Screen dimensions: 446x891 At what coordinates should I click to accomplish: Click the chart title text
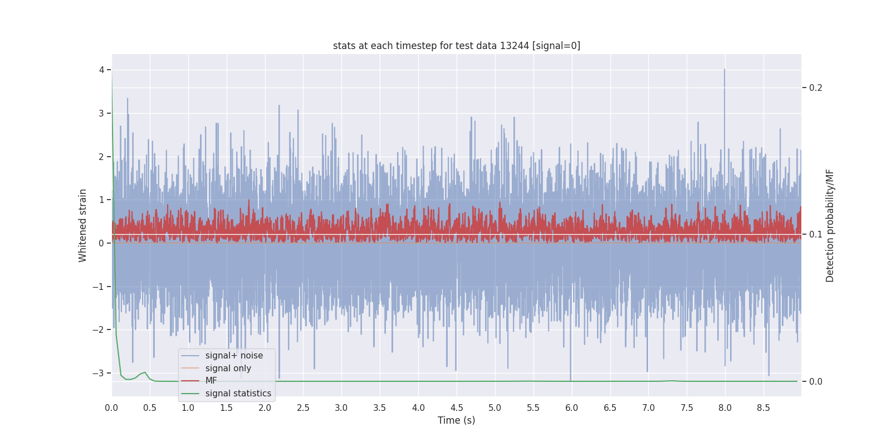pos(456,46)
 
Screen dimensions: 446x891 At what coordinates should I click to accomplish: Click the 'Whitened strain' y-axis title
pos(83,225)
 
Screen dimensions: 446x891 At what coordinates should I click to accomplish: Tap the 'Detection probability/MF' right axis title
pos(830,225)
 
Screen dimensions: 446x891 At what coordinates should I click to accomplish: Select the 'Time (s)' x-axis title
pos(456,420)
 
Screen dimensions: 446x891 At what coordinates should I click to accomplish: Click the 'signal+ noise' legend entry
pos(234,356)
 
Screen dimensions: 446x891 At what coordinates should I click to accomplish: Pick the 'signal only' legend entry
pos(228,369)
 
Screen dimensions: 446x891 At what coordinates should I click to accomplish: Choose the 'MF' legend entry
pos(211,381)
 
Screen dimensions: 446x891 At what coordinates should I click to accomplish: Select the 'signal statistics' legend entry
pos(238,394)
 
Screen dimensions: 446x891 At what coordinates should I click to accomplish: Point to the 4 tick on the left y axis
pos(102,70)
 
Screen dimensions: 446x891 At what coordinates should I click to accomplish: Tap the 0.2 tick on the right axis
pos(815,88)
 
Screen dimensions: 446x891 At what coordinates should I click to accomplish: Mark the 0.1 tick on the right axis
pos(815,234)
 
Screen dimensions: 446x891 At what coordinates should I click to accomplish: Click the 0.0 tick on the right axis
pos(815,381)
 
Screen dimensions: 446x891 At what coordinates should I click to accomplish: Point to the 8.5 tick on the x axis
pos(763,408)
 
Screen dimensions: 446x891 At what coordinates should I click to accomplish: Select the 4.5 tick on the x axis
pos(457,408)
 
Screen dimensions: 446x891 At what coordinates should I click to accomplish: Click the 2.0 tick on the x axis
pos(265,408)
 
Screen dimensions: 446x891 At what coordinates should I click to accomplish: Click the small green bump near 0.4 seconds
pos(145,372)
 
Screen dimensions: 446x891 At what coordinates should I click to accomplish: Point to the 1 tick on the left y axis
pos(102,200)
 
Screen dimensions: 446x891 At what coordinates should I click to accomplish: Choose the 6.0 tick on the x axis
pos(571,408)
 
